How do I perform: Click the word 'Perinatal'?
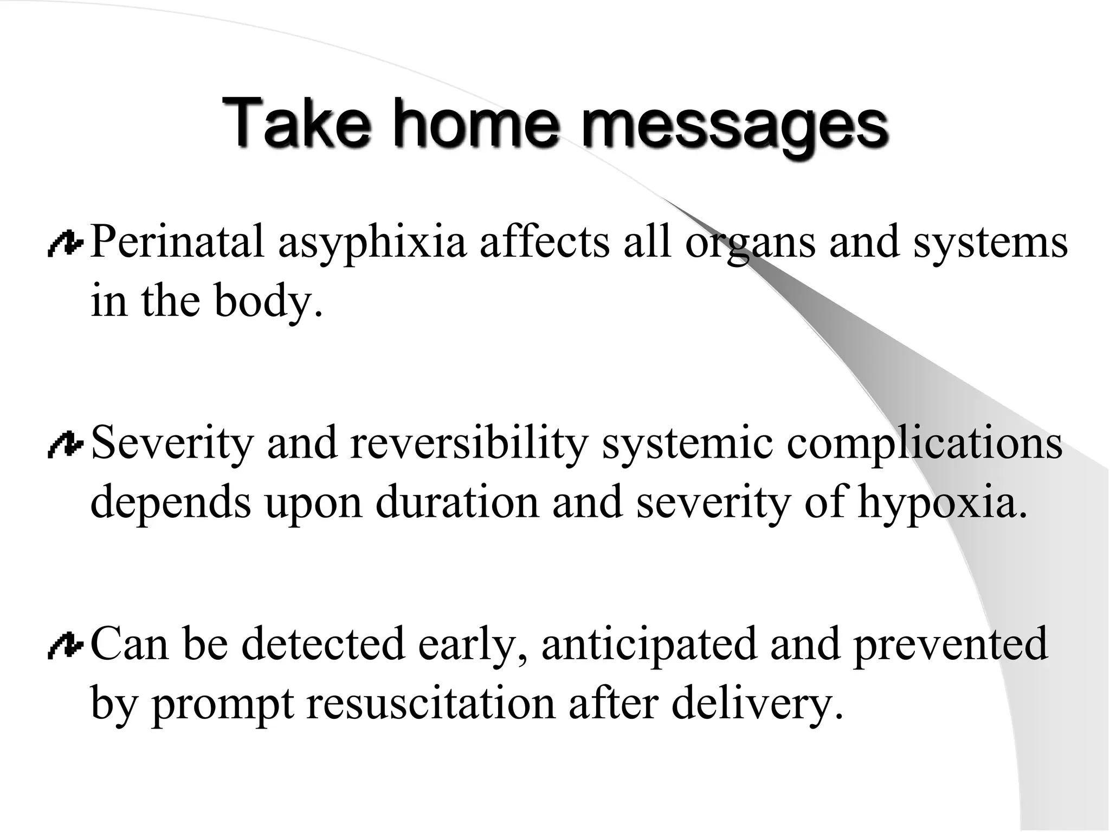177,242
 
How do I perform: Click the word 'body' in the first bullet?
263,301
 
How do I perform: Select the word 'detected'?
323,643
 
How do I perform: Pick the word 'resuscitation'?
431,703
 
